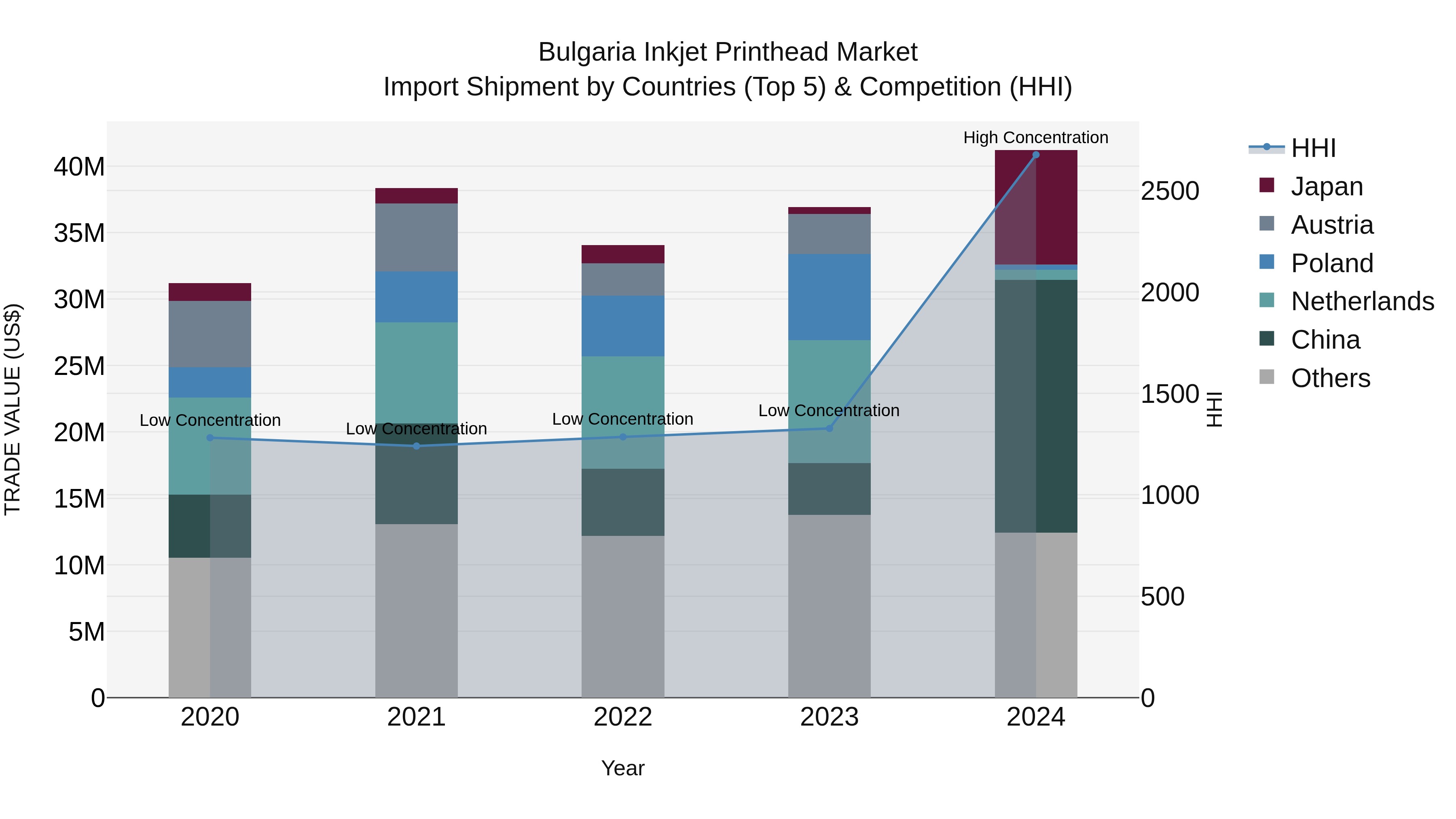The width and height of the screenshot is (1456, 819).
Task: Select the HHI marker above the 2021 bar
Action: [x=417, y=446]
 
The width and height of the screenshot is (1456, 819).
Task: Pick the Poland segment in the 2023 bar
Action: [x=829, y=297]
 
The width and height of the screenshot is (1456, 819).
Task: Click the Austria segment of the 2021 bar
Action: [x=417, y=237]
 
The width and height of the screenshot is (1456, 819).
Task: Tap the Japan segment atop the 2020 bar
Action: [x=210, y=292]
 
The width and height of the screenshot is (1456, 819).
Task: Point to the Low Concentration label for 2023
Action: [x=829, y=411]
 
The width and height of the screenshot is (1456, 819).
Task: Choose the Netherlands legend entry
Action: [x=1362, y=301]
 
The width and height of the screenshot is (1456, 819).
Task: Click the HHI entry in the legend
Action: [x=1313, y=148]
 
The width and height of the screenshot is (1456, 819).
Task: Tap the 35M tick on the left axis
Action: [x=79, y=233]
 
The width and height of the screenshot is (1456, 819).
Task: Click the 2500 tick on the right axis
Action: [x=1169, y=191]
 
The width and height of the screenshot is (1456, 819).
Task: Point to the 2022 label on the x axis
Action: [x=623, y=717]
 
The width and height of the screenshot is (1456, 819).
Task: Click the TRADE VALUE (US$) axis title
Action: [x=13, y=409]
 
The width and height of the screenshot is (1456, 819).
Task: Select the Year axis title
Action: [x=623, y=768]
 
